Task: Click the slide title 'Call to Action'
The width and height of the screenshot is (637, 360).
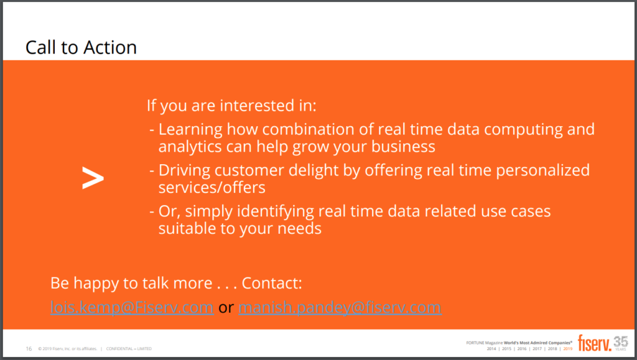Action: point(81,48)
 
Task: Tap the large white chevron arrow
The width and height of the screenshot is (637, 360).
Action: point(93,179)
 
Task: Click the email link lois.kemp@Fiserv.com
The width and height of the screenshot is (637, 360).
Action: point(132,307)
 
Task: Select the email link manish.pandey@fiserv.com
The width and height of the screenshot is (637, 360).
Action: point(340,307)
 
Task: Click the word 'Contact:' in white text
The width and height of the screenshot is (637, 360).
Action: point(272,284)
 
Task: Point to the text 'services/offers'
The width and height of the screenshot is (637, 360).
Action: point(212,187)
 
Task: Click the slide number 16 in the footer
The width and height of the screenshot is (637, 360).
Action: point(29,348)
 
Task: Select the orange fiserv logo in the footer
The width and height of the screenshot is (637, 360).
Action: point(594,342)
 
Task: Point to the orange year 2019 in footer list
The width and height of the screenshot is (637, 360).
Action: point(567,349)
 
